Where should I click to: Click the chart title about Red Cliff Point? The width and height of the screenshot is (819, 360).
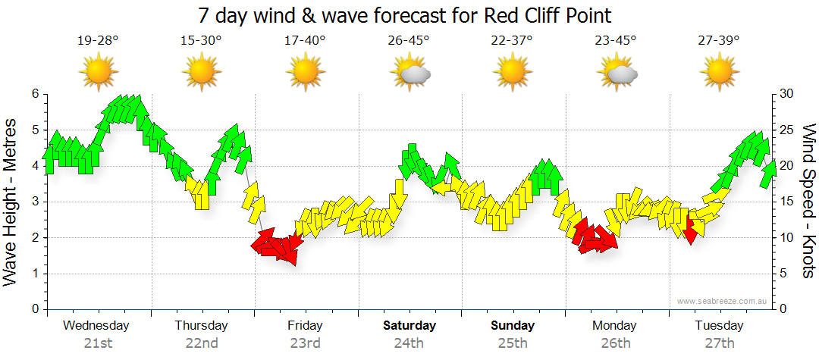click(x=404, y=15)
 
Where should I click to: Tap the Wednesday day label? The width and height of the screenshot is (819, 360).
click(x=96, y=326)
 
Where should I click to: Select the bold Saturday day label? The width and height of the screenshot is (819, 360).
click(x=409, y=326)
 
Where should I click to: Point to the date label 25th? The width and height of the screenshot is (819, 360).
click(x=513, y=343)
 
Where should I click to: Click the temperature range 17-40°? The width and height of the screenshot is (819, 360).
click(x=305, y=41)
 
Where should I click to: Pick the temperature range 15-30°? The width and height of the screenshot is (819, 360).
click(x=201, y=41)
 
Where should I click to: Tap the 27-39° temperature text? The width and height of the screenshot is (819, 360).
click(x=719, y=41)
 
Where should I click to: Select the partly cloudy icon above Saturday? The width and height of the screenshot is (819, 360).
click(x=410, y=74)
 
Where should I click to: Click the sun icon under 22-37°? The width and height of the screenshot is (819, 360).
click(x=513, y=74)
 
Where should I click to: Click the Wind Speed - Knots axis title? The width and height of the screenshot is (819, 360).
click(x=808, y=202)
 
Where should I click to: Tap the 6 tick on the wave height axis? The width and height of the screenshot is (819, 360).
click(x=35, y=94)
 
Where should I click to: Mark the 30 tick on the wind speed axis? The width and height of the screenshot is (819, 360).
click(x=788, y=94)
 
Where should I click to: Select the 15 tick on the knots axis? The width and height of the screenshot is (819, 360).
click(x=788, y=202)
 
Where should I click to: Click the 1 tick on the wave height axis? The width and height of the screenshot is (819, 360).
click(x=35, y=274)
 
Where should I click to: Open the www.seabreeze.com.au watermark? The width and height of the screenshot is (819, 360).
click(x=723, y=301)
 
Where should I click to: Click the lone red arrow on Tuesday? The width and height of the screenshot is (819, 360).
click(x=690, y=230)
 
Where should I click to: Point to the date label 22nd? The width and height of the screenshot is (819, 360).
click(x=201, y=343)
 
